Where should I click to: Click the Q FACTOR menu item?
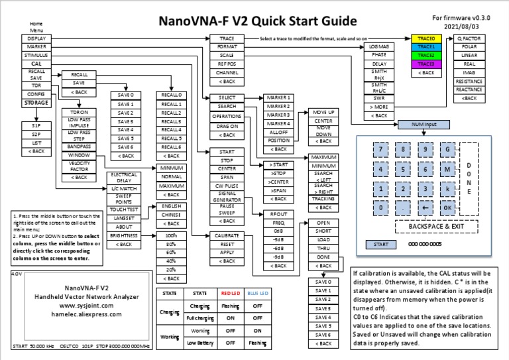(469, 38)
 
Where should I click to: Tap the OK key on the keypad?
(448, 208)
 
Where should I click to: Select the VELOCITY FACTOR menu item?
(79, 166)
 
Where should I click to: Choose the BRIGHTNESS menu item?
(124, 235)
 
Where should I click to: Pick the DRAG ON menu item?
(227, 126)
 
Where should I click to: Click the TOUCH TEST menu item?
(124, 209)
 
